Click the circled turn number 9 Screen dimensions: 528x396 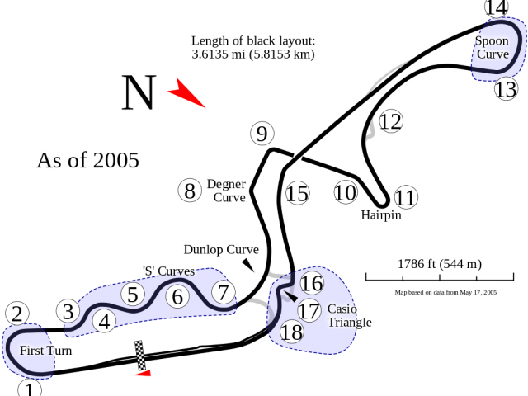click(262, 134)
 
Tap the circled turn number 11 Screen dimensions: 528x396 click(406, 197)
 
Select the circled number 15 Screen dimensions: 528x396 click(297, 193)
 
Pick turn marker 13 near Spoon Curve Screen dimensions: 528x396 click(506, 89)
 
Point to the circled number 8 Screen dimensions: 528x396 click(190, 191)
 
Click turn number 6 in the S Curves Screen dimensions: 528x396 click(178, 296)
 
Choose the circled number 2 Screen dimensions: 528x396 click(17, 313)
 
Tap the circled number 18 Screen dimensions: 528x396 click(291, 332)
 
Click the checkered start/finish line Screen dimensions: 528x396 click(140, 356)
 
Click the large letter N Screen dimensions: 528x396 click(139, 92)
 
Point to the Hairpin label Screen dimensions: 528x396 click(381, 214)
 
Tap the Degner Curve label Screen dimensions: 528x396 click(226, 191)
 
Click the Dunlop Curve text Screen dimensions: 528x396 click(221, 249)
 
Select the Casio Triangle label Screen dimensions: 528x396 click(350, 315)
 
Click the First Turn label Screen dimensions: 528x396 click(46, 351)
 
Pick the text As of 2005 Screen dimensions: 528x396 click(88, 160)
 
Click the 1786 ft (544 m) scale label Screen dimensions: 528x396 click(440, 264)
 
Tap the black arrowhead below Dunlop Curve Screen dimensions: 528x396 click(248, 265)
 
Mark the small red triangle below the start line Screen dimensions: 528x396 click(143, 373)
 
